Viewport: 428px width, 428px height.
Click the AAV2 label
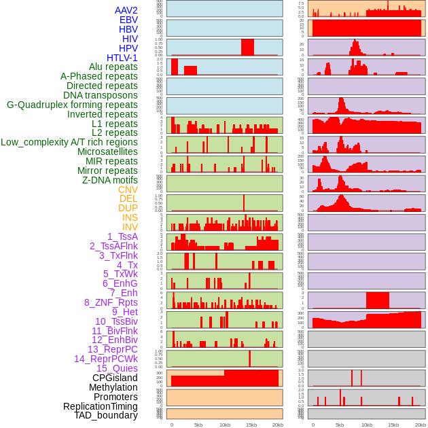click(126, 10)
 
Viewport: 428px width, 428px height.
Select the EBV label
click(128, 20)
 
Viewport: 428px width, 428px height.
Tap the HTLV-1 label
click(122, 58)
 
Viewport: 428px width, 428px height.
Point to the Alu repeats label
click(113, 67)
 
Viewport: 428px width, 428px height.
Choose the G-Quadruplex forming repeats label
click(72, 105)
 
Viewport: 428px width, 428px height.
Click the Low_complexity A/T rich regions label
click(69, 142)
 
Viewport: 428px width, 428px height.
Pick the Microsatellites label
click(107, 151)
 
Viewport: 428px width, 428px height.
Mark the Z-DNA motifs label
click(110, 180)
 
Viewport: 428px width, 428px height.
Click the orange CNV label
click(128, 190)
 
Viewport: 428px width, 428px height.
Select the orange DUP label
click(128, 208)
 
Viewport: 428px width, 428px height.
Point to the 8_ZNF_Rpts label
click(111, 302)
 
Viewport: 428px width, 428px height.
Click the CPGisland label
click(115, 378)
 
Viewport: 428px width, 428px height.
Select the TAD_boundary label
click(106, 415)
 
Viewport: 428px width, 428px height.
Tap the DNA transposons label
click(101, 95)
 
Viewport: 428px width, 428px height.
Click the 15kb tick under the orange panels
click(251, 425)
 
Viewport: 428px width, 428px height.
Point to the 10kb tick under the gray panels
click(366, 425)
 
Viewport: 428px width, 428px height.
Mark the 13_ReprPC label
click(113, 349)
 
